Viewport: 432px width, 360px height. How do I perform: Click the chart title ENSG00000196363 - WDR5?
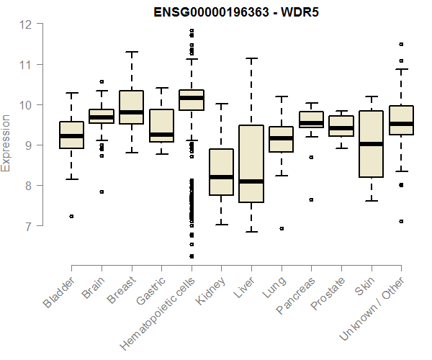(x=236, y=12)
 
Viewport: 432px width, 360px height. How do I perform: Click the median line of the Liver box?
(x=251, y=181)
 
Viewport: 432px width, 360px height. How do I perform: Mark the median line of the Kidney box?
(x=221, y=177)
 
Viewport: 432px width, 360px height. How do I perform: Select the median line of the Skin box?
(x=371, y=144)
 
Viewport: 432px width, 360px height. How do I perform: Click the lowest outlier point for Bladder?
(x=71, y=216)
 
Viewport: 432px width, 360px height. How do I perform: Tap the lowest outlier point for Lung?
(x=281, y=228)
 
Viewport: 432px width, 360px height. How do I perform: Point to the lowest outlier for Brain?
(x=102, y=192)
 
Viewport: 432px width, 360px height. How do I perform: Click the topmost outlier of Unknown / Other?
(x=401, y=44)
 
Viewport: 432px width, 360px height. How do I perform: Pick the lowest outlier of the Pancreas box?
(x=311, y=199)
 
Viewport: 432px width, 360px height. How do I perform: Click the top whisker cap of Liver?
(x=251, y=59)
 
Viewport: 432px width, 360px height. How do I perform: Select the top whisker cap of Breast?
(x=131, y=52)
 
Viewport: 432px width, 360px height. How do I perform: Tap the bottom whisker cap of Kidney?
(x=221, y=225)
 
